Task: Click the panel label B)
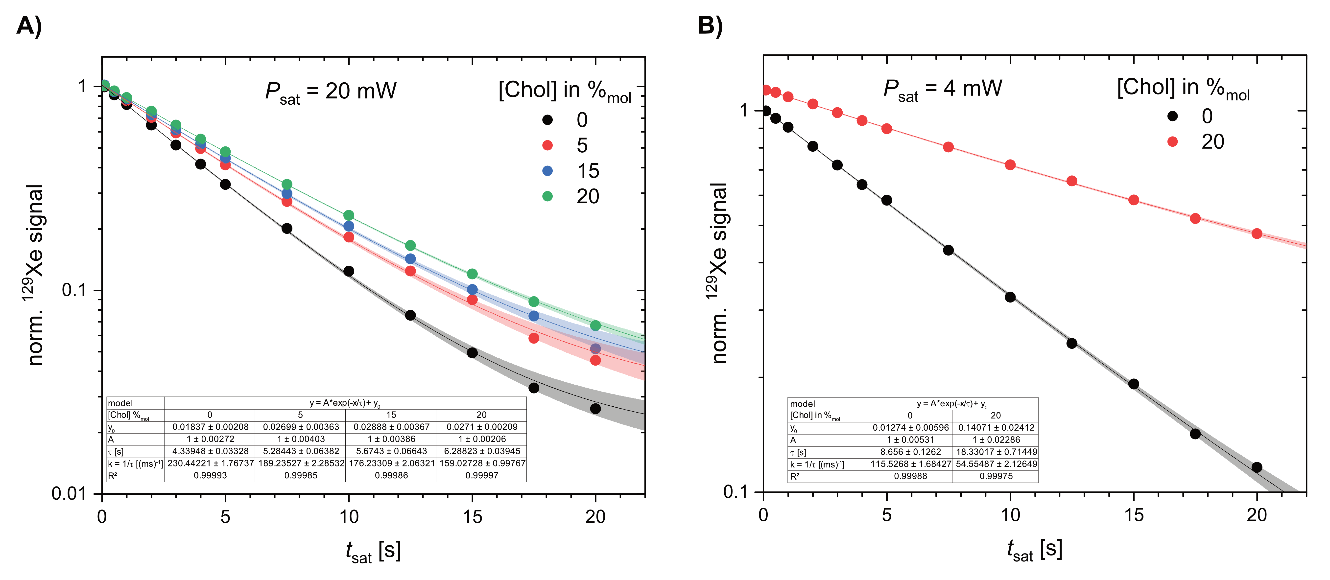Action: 711,26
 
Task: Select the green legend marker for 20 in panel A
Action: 547,196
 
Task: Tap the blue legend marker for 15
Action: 547,171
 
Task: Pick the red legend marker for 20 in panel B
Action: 1172,141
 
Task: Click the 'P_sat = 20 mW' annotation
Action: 331,92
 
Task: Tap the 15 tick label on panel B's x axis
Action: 1134,515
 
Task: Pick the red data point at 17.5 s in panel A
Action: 534,338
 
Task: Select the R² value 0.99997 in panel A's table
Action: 482,475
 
